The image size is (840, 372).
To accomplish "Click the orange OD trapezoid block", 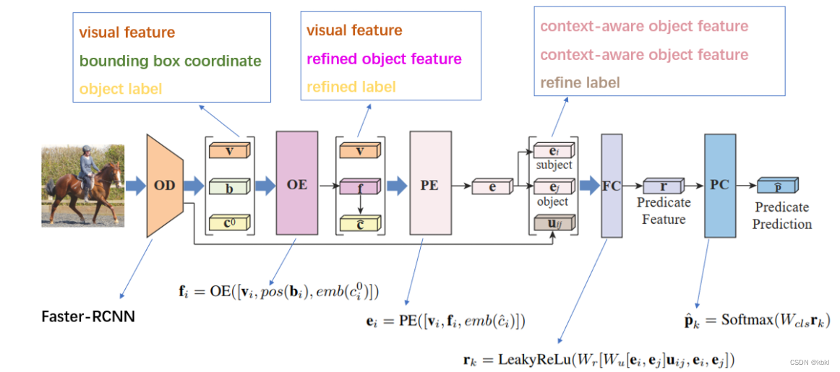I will pyautogui.click(x=165, y=185).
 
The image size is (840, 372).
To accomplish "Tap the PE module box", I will pyautogui.click(x=429, y=185).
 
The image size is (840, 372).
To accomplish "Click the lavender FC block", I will pyautogui.click(x=611, y=185).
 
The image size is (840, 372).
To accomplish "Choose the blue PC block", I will pyautogui.click(x=719, y=185).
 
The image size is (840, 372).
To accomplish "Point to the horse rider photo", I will pyautogui.click(x=82, y=185).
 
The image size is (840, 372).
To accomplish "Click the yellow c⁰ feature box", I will pyautogui.click(x=229, y=223).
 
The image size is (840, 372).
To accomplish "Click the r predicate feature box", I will pyautogui.click(x=663, y=186).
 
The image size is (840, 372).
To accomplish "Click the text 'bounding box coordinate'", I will pyautogui.click(x=170, y=61).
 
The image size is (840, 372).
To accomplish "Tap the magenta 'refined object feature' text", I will pyautogui.click(x=384, y=59).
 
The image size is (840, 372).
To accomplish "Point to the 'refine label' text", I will pyautogui.click(x=580, y=82).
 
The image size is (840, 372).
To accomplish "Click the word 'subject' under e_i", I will pyautogui.click(x=554, y=165).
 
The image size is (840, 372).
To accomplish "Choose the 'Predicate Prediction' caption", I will pyautogui.click(x=781, y=215).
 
